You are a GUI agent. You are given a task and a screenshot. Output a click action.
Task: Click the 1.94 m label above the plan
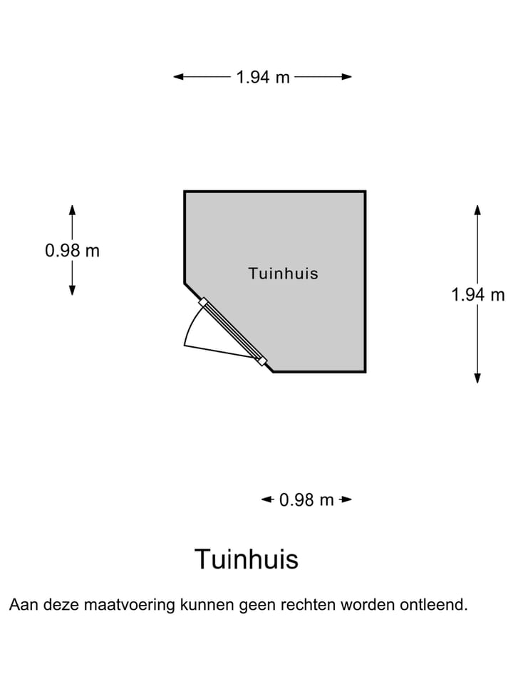(263, 77)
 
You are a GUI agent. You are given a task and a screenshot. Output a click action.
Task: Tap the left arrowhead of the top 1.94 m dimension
(178, 77)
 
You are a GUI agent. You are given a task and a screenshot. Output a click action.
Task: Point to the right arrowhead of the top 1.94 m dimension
(347, 77)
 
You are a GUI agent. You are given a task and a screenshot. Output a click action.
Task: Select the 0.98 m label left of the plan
(73, 250)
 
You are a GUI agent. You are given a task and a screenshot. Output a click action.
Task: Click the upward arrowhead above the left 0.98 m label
(73, 209)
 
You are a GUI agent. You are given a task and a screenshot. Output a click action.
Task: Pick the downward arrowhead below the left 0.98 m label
(73, 291)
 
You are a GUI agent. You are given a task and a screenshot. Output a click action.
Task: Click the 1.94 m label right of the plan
(477, 294)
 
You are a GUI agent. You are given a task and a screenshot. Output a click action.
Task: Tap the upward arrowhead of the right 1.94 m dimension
(477, 209)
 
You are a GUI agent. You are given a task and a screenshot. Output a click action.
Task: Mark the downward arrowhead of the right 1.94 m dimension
(477, 378)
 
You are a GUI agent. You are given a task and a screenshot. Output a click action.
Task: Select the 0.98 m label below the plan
(306, 499)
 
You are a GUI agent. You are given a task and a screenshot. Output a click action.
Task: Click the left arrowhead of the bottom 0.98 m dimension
(266, 499)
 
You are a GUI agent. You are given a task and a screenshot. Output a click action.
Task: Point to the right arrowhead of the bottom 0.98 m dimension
(347, 499)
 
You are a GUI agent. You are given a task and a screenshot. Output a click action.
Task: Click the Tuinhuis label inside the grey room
(284, 274)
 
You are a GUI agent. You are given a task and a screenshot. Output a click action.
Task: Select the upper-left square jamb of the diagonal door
(203, 302)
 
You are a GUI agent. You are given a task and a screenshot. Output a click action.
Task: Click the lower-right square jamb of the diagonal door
(262, 361)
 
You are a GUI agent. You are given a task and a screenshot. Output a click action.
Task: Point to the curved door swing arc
(191, 322)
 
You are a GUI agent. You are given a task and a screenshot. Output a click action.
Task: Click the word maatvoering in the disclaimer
(129, 605)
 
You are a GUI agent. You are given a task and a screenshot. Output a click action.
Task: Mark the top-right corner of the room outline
(365, 192)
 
